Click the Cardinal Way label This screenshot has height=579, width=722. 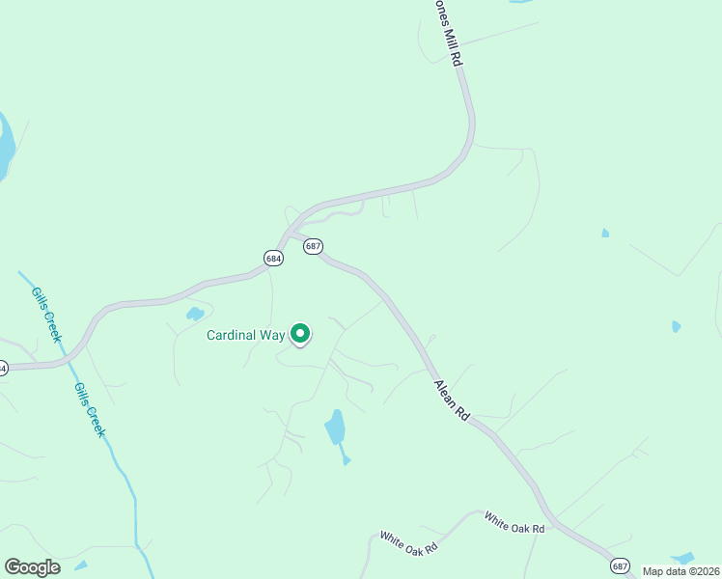click(x=246, y=336)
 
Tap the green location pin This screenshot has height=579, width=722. click(x=300, y=334)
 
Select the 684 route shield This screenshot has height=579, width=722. click(x=273, y=258)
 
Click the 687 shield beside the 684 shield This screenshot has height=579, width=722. click(x=313, y=247)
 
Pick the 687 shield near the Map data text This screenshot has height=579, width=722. click(x=620, y=565)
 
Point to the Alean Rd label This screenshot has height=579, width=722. click(x=452, y=400)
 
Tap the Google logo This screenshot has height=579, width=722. click(x=32, y=567)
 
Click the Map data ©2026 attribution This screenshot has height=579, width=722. click(x=681, y=571)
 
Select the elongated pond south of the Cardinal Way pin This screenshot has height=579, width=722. click(x=335, y=427)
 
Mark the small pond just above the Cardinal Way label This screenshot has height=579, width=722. click(x=195, y=314)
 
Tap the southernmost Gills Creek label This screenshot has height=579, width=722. click(x=90, y=409)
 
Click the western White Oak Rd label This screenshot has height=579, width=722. click(x=408, y=541)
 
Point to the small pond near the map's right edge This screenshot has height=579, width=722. click(x=676, y=326)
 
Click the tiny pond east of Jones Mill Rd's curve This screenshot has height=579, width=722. click(x=605, y=233)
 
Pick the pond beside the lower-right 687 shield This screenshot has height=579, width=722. click(x=683, y=558)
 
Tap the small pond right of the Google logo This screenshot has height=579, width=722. click(x=81, y=565)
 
